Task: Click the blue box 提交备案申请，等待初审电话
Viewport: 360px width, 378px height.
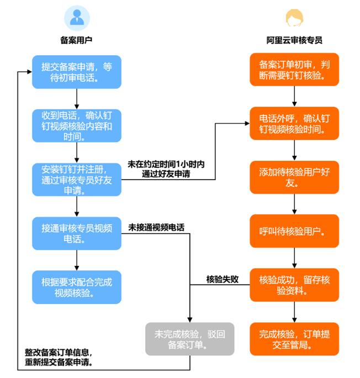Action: click(x=76, y=72)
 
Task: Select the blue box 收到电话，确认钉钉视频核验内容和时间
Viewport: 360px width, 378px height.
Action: click(x=76, y=125)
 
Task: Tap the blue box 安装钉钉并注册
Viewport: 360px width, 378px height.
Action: click(x=76, y=179)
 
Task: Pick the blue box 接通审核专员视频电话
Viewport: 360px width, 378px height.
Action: click(x=76, y=233)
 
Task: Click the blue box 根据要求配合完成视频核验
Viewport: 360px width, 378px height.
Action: click(x=76, y=286)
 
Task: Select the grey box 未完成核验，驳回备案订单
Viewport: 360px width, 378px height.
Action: click(x=190, y=339)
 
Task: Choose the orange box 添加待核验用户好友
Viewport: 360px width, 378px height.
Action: click(x=294, y=177)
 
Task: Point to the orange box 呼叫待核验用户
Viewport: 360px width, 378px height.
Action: click(x=294, y=231)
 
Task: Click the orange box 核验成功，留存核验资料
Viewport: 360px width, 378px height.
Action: click(x=294, y=285)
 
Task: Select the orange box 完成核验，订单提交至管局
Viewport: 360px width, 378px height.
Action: click(x=294, y=339)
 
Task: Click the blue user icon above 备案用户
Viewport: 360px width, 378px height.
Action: click(x=77, y=18)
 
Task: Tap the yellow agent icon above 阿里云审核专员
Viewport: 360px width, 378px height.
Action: click(x=294, y=18)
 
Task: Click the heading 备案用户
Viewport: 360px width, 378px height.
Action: click(x=76, y=40)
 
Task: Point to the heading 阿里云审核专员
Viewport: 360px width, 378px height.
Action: click(x=294, y=40)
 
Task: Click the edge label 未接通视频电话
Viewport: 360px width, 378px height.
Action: click(x=157, y=227)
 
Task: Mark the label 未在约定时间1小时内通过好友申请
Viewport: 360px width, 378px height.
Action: click(x=166, y=169)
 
